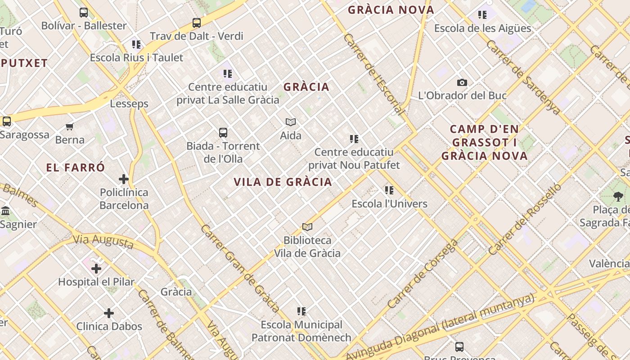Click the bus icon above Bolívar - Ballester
pos(84,13)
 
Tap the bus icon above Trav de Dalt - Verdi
pos(196,22)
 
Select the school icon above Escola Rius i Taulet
pos(136,45)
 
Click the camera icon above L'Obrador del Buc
pos(462,82)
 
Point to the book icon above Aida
pos(291,122)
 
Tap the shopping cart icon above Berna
pos(70,126)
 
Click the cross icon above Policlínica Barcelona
pos(124,179)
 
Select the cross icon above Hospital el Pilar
pos(96,269)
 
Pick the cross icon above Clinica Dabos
pos(109,313)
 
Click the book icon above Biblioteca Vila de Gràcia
pos(307,227)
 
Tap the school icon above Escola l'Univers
pos(389,190)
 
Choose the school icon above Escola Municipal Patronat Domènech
pos(301,311)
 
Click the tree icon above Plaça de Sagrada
pos(618,196)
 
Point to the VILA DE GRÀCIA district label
pos(283,182)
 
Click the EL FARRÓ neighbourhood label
pos(76,167)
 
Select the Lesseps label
pos(129,103)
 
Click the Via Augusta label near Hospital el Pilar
pos(103,241)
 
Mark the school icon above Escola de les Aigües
pos(482,15)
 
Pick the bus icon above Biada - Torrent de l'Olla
pos(223,133)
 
